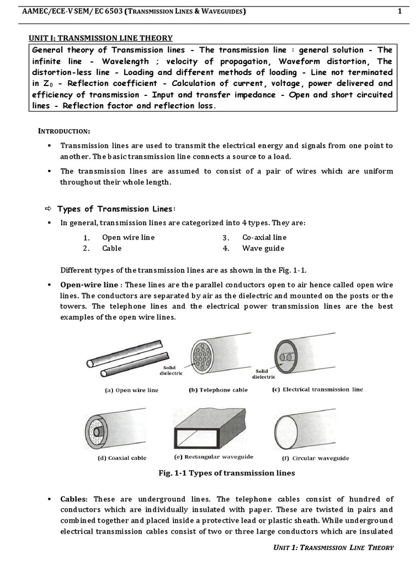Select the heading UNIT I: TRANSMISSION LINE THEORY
101,38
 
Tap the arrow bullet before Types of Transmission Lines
48,209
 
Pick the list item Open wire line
128,237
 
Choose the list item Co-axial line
264,237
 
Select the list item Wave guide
263,248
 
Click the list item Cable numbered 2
112,248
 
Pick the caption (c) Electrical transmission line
317,390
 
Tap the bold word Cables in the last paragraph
74,499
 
